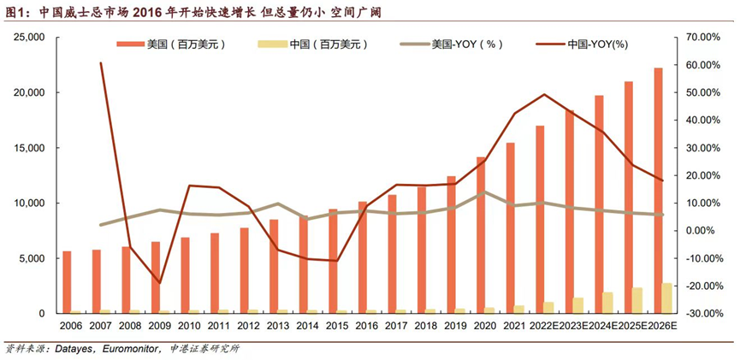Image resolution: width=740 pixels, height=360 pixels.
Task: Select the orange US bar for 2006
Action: coord(67,282)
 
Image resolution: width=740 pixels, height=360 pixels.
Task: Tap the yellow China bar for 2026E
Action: coord(667,298)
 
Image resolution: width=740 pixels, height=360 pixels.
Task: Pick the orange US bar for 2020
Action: coord(481,235)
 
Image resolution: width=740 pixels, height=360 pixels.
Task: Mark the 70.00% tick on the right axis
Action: coord(704,38)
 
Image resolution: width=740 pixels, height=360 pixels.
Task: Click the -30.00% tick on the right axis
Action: coord(703,314)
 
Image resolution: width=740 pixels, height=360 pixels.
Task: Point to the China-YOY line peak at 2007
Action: coord(101,62)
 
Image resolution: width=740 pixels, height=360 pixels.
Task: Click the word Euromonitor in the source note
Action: coord(120,349)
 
